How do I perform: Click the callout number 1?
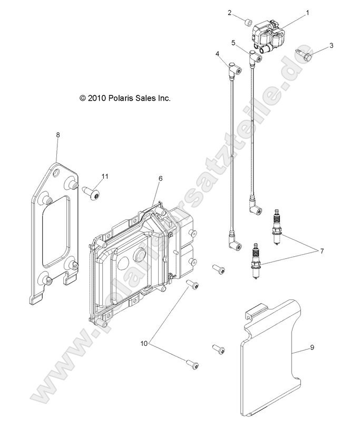pyautogui.click(x=307, y=13)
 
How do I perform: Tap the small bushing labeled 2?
pyautogui.click(x=248, y=23)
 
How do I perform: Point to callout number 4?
pyautogui.click(x=218, y=54)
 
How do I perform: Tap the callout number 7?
pyautogui.click(x=322, y=251)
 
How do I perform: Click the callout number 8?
pyautogui.click(x=57, y=134)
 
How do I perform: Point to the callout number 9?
pyautogui.click(x=312, y=347)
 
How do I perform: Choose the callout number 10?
pyautogui.click(x=144, y=343)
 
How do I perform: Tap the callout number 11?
pyautogui.click(x=105, y=177)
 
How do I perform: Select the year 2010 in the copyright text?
pyautogui.click(x=96, y=98)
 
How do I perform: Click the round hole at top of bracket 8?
pyautogui.click(x=56, y=172)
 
